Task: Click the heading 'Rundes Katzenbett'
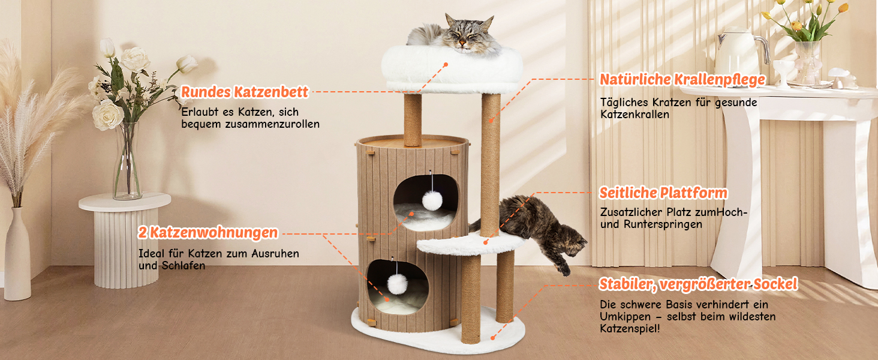245,92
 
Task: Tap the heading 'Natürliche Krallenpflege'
682,80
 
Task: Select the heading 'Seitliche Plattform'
663,193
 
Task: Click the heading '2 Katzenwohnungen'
208,233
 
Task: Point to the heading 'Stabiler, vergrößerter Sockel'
698,284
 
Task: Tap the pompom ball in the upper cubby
432,200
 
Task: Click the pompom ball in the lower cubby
397,284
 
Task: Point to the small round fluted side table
125,240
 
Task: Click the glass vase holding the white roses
127,161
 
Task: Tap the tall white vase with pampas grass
17,254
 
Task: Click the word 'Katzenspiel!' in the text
630,329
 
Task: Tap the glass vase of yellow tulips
807,63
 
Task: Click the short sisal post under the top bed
413,119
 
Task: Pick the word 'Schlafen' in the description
184,266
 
